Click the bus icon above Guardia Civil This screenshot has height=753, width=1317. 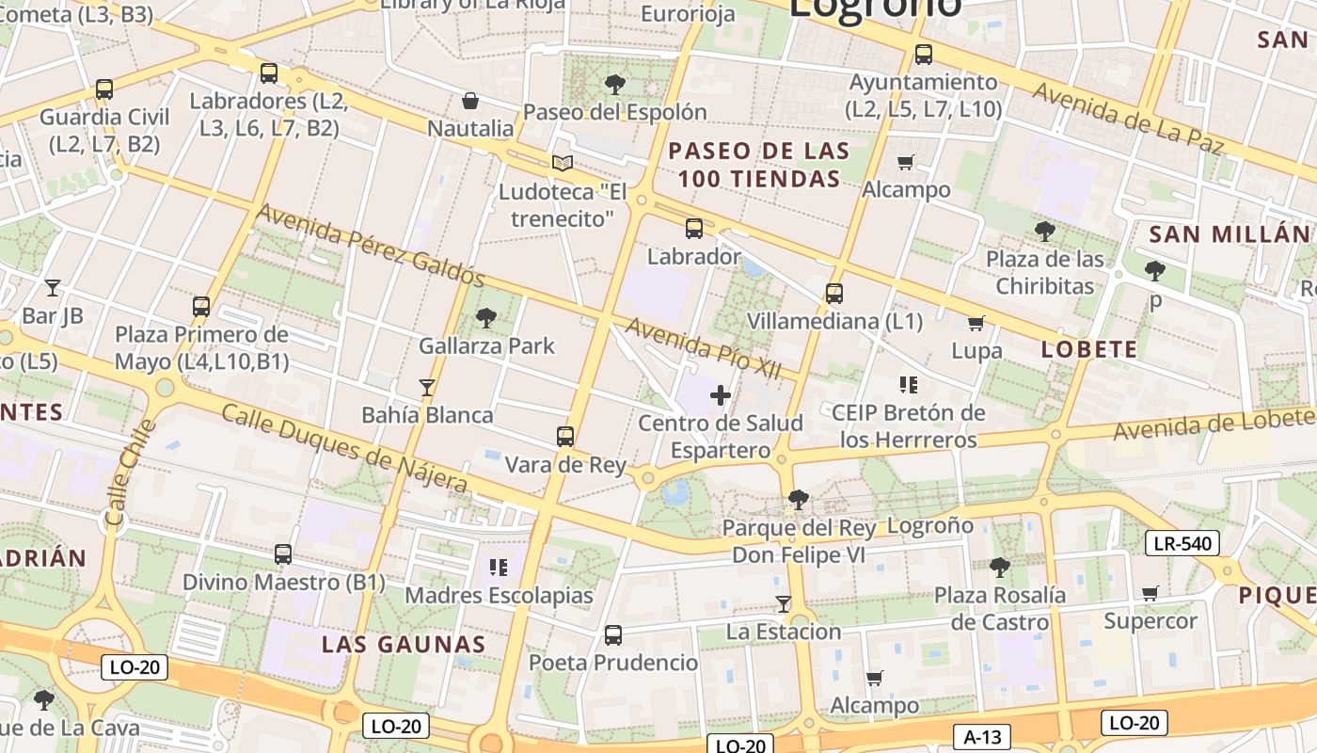pyautogui.click(x=104, y=89)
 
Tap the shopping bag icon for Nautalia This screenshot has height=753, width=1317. pyautogui.click(x=470, y=101)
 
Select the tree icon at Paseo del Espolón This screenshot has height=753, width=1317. pyautogui.click(x=615, y=85)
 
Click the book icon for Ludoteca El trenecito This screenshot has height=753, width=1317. pyautogui.click(x=563, y=164)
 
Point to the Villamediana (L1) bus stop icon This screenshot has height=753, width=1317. pyautogui.click(x=834, y=294)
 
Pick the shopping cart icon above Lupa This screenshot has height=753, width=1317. pyautogui.click(x=976, y=324)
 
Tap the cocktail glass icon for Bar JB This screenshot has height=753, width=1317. pyautogui.click(x=53, y=287)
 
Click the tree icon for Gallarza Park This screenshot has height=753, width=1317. pyautogui.click(x=486, y=318)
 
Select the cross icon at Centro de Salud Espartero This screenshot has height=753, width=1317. pyautogui.click(x=721, y=395)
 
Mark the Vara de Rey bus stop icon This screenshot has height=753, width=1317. pyautogui.click(x=565, y=437)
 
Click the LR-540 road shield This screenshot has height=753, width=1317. pyautogui.click(x=1182, y=543)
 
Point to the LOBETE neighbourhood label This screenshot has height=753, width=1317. pyautogui.click(x=1089, y=350)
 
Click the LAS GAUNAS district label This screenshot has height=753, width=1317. pyautogui.click(x=404, y=645)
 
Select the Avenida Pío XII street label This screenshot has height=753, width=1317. pyautogui.click(x=705, y=349)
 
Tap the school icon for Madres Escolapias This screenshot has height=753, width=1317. pyautogui.click(x=499, y=567)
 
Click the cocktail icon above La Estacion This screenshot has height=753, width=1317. pyautogui.click(x=784, y=603)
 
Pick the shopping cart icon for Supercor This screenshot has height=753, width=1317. pyautogui.click(x=1150, y=594)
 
